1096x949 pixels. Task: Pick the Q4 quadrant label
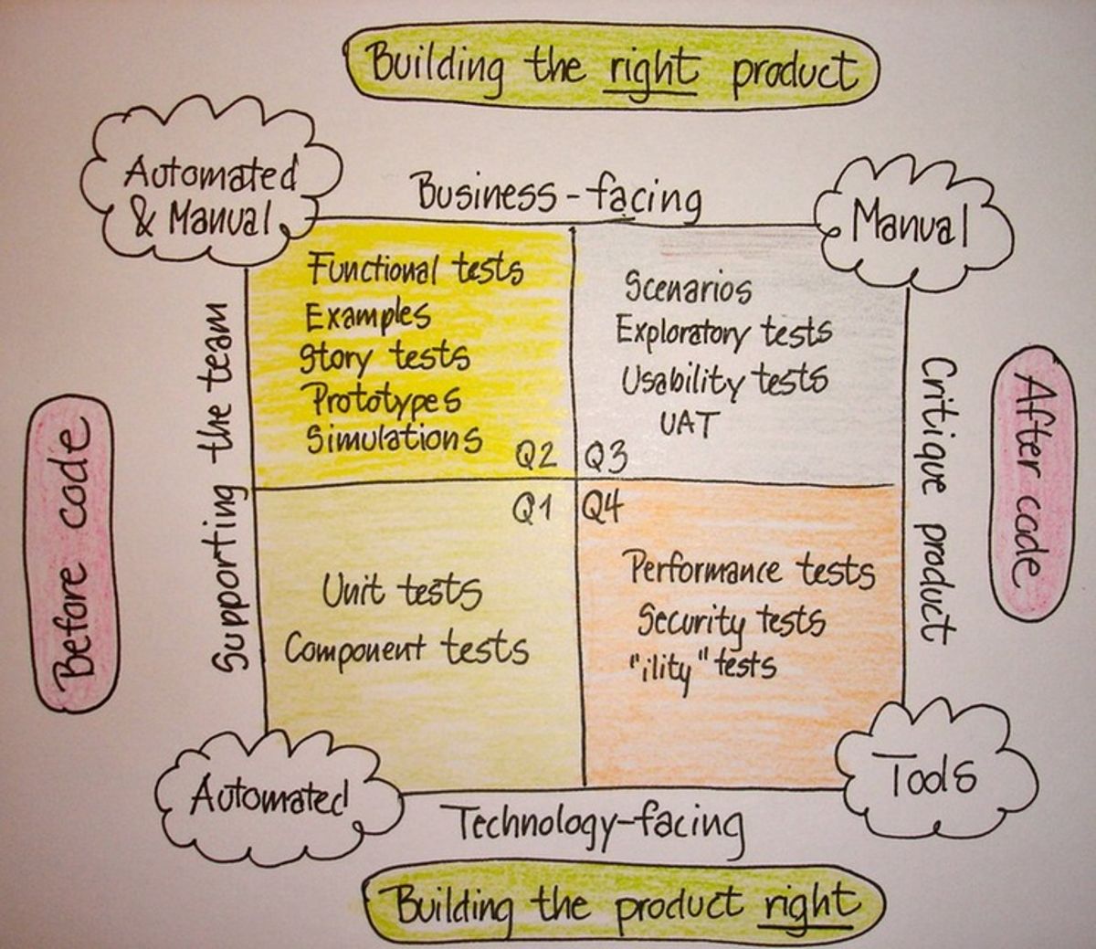(x=603, y=505)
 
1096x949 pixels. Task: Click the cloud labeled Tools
(x=932, y=776)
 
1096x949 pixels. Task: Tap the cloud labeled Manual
(x=910, y=225)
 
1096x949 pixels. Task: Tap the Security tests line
(x=731, y=622)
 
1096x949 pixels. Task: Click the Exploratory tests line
(x=723, y=331)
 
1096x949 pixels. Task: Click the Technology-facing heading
(x=599, y=823)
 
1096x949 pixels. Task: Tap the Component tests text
(x=406, y=648)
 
